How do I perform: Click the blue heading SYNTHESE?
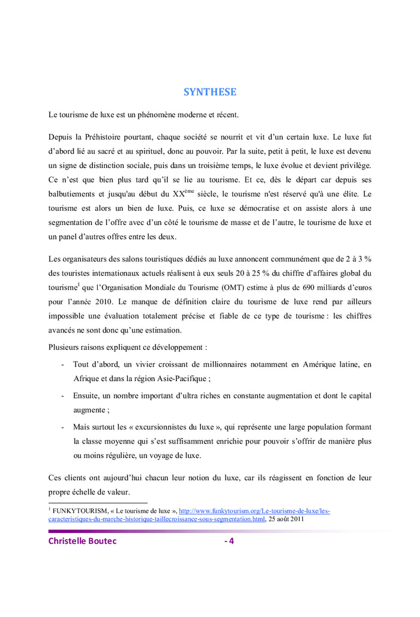(x=209, y=92)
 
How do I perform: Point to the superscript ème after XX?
(x=190, y=191)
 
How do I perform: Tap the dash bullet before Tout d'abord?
(x=63, y=364)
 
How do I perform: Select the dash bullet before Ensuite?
(x=63, y=396)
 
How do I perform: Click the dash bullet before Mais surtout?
(x=63, y=427)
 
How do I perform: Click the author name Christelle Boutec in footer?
(x=83, y=541)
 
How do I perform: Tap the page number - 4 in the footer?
(x=229, y=541)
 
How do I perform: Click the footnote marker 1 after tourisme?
(x=79, y=285)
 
